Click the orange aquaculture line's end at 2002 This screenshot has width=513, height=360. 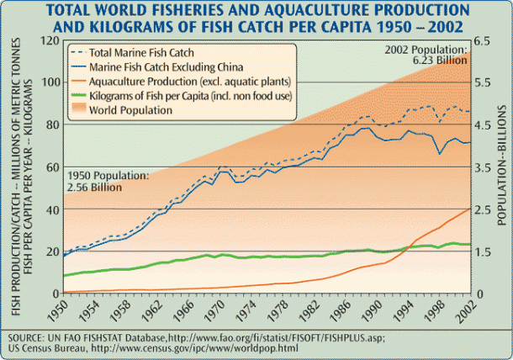(x=469, y=208)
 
